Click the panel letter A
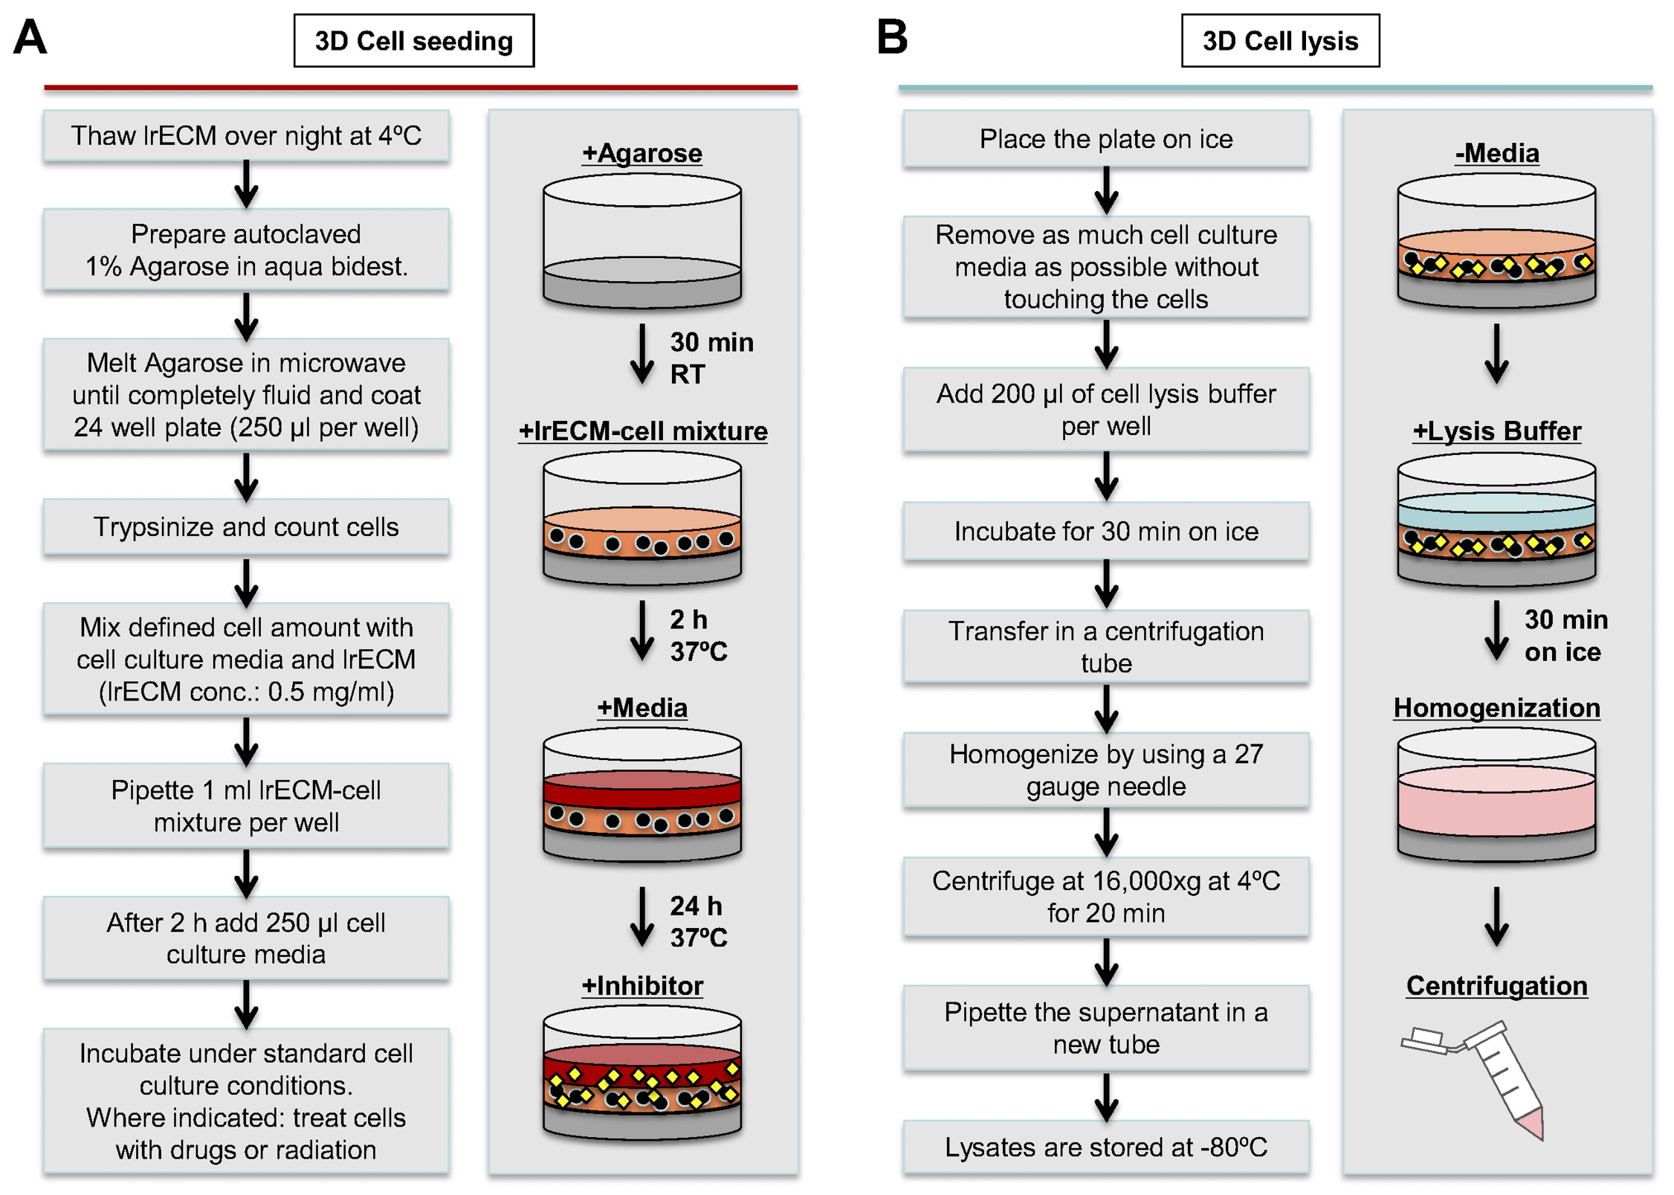click(30, 37)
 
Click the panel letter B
click(892, 37)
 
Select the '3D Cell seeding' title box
click(413, 41)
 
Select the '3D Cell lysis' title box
click(1279, 41)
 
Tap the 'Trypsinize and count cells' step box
click(246, 526)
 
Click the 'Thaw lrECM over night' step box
click(246, 136)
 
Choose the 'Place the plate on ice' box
click(1105, 139)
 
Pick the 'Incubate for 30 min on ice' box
click(1105, 531)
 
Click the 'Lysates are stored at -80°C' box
click(1105, 1147)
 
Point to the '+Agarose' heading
click(642, 153)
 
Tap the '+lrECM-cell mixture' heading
click(642, 431)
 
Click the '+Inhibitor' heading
click(642, 985)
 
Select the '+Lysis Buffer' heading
click(1496, 431)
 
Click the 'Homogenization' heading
click(1496, 708)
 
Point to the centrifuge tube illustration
click(1494, 1078)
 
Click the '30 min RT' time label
click(711, 358)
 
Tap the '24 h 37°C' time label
click(697, 921)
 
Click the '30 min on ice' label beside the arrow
click(1565, 636)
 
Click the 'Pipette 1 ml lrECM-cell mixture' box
click(246, 806)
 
